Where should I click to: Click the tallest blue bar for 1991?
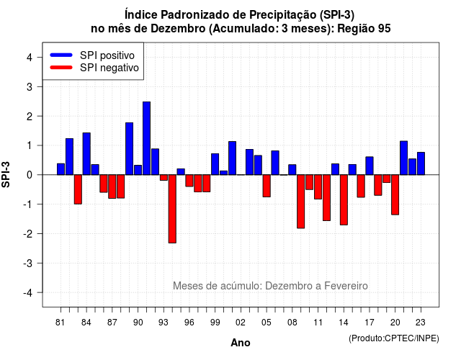[146, 138]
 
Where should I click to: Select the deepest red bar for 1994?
[172, 209]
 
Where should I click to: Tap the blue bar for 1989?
[130, 149]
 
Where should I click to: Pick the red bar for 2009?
[301, 202]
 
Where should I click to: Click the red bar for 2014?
[344, 200]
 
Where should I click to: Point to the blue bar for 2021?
[403, 158]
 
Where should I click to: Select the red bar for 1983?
[78, 189]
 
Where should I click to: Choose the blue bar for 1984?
[86, 153]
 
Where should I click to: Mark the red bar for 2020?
[395, 195]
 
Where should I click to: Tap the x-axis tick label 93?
[164, 323]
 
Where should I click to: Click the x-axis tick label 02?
[241, 323]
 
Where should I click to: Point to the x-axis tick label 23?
[421, 323]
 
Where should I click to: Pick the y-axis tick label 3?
[30, 86]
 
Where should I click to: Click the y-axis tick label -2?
[28, 233]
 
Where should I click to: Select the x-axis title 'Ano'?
[241, 343]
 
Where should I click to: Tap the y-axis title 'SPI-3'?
[6, 174]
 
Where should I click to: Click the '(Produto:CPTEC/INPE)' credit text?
[394, 338]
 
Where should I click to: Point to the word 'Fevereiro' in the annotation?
[346, 286]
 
